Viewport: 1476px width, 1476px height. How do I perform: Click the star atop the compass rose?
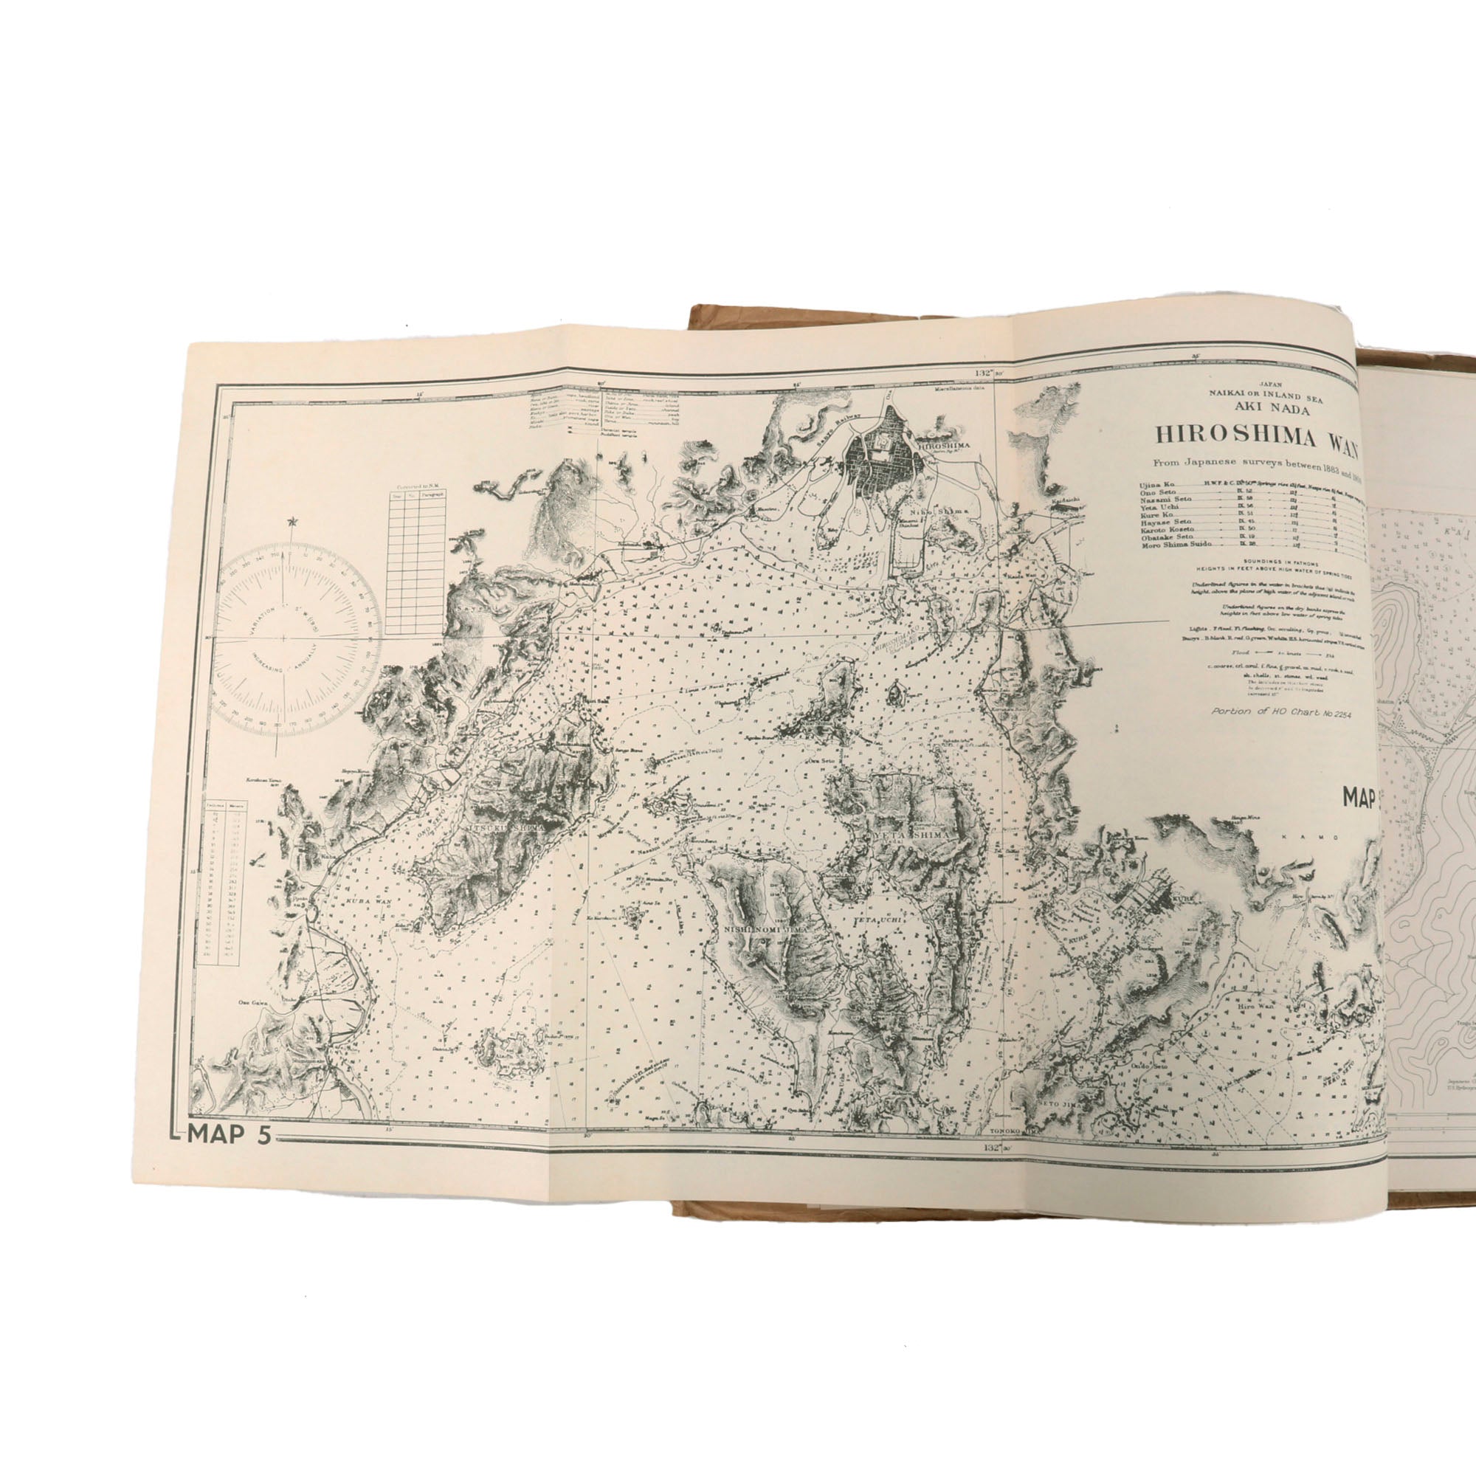[290, 522]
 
